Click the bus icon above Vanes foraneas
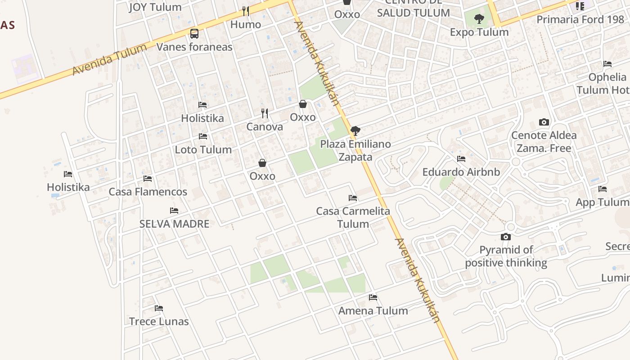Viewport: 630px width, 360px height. coord(194,33)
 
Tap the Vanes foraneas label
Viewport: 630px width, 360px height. coord(194,47)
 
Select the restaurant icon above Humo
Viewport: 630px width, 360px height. coord(245,11)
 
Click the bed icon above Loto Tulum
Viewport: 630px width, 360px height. coord(203,136)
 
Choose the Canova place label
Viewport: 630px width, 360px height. coord(265,127)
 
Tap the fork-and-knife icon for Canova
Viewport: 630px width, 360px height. coord(265,113)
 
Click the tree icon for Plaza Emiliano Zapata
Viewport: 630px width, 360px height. coord(355,131)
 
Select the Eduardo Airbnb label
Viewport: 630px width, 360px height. coord(461,172)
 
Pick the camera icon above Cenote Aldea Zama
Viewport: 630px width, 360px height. coord(544,122)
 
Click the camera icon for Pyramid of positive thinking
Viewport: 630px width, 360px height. coord(506,237)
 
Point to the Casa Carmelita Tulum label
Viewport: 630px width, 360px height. coord(353,217)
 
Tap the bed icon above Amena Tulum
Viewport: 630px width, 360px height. coord(373,297)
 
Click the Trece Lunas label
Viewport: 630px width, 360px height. coord(159,321)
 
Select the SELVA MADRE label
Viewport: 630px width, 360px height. coord(175,224)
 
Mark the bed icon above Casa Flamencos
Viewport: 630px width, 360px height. coord(148,178)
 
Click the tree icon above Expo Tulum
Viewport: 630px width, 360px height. coord(479,19)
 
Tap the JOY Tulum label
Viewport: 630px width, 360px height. coord(155,7)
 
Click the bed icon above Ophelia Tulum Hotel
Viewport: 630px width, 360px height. coord(607,64)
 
